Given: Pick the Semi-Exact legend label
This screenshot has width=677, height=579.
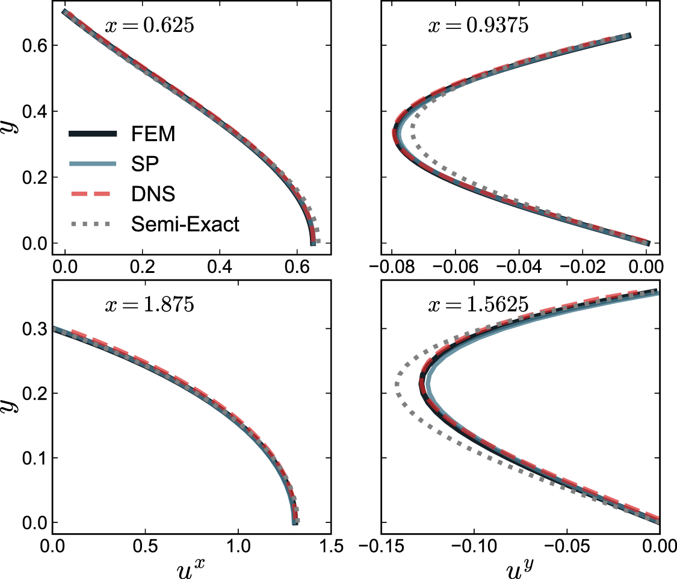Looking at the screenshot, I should tap(185, 225).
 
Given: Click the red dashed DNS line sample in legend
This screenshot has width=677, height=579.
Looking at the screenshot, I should tap(92, 194).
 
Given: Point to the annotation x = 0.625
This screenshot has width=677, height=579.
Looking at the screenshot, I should tap(149, 27).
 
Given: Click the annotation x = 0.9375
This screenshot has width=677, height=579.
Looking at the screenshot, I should tap(478, 27).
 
